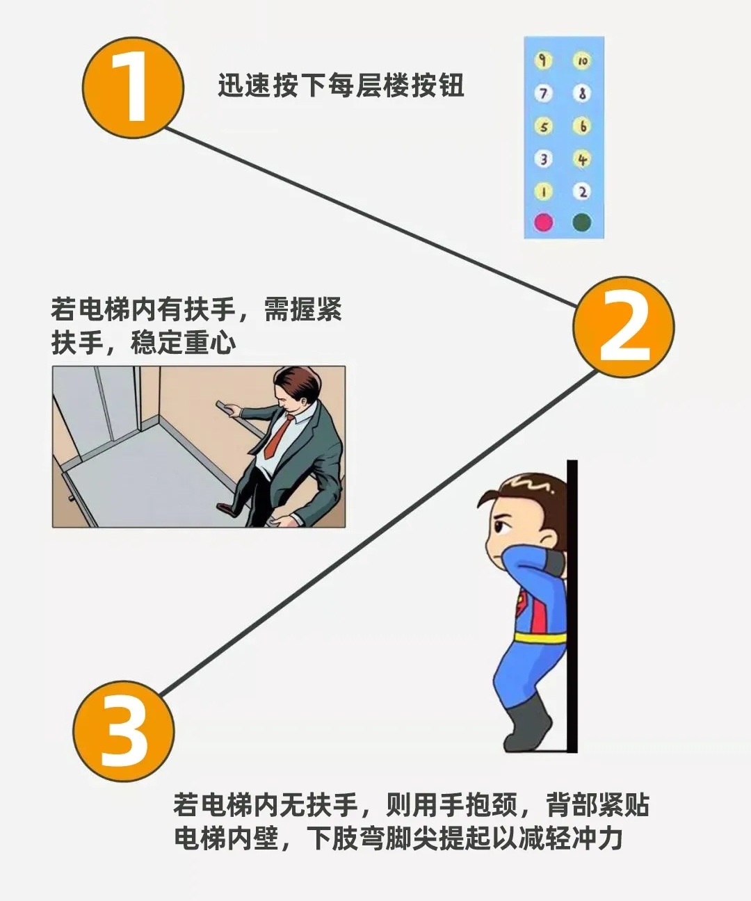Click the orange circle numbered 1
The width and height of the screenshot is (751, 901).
[x=133, y=88]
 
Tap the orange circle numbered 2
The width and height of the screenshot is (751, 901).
[x=623, y=327]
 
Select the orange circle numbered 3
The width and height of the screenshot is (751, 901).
[x=124, y=731]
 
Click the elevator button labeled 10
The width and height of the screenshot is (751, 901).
[x=582, y=61]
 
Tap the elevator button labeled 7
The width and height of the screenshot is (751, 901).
[x=543, y=93]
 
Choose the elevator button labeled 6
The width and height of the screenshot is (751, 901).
[x=582, y=126]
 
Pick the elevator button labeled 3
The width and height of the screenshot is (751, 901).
[x=543, y=159]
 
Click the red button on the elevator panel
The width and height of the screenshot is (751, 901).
[x=543, y=222]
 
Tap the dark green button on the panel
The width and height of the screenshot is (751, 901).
[x=582, y=222]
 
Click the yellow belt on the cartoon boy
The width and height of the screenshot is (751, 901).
[x=541, y=638]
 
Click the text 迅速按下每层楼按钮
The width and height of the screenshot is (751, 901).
[x=341, y=85]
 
